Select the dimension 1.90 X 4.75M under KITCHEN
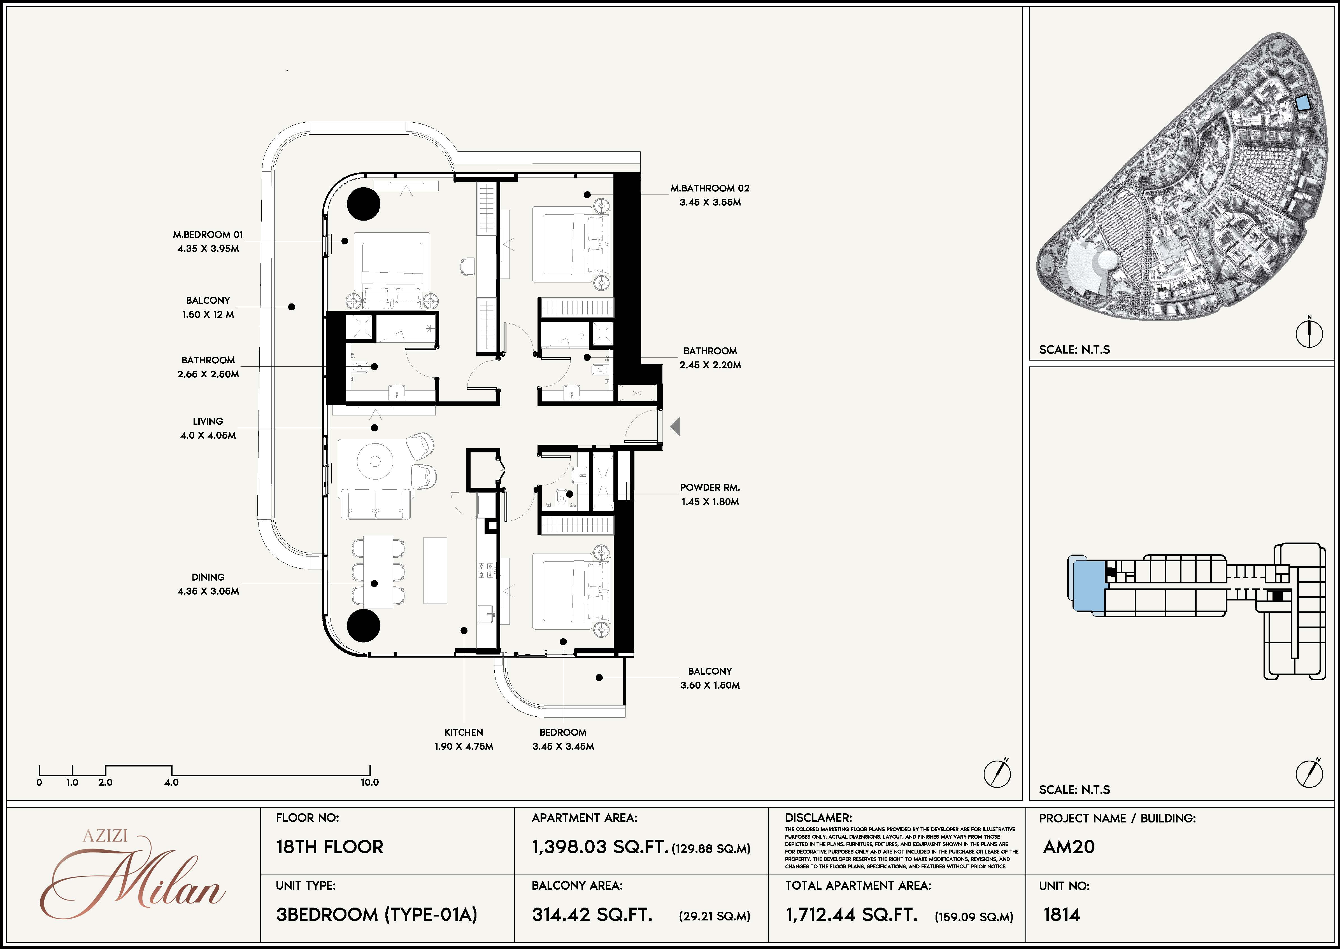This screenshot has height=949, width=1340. [x=464, y=746]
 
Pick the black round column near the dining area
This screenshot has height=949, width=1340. [x=364, y=625]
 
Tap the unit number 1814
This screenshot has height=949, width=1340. [x=1062, y=915]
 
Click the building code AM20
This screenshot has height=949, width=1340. [x=1069, y=847]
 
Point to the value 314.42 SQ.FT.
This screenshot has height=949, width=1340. [x=592, y=915]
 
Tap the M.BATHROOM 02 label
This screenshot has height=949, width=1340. [x=710, y=188]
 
